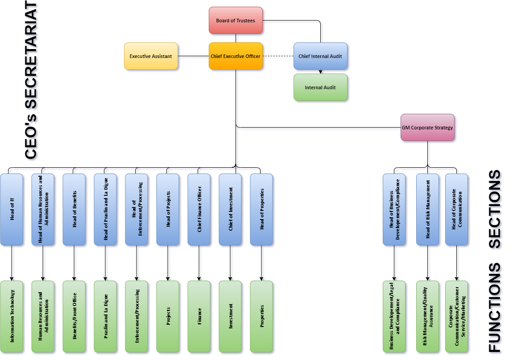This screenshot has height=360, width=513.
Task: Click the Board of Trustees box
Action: pyautogui.click(x=236, y=21)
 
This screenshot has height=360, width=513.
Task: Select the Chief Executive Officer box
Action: pyautogui.click(x=236, y=56)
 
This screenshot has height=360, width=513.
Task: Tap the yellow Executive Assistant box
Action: pyautogui.click(x=151, y=56)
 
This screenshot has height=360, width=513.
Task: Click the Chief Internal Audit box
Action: pyautogui.click(x=320, y=56)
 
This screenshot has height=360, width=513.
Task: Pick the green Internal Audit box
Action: pyautogui.click(x=320, y=87)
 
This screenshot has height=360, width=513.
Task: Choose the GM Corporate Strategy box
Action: pyautogui.click(x=427, y=128)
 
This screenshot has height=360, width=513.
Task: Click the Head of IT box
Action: pyautogui.click(x=12, y=210)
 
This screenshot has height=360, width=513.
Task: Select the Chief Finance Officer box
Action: pyautogui.click(x=199, y=210)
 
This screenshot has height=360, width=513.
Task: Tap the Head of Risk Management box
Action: pyautogui.click(x=427, y=210)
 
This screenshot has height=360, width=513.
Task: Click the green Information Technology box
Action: pyautogui.click(x=12, y=316)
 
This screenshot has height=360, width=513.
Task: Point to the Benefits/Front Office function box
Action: pyautogui.click(x=74, y=316)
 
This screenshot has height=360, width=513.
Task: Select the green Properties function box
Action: pyautogui.click(x=261, y=316)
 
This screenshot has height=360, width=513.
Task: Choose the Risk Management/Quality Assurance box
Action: pyautogui.click(x=427, y=316)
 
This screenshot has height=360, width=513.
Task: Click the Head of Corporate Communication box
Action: pyautogui.click(x=456, y=210)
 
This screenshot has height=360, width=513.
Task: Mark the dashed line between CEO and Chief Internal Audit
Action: pyautogui.click(x=278, y=56)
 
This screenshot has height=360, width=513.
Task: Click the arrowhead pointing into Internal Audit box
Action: pyautogui.click(x=320, y=72)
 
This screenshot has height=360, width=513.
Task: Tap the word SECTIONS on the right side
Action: pyautogui.click(x=495, y=209)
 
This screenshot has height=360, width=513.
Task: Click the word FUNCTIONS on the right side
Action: pyautogui.click(x=495, y=308)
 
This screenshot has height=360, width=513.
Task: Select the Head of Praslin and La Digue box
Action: pyautogui.click(x=105, y=210)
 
